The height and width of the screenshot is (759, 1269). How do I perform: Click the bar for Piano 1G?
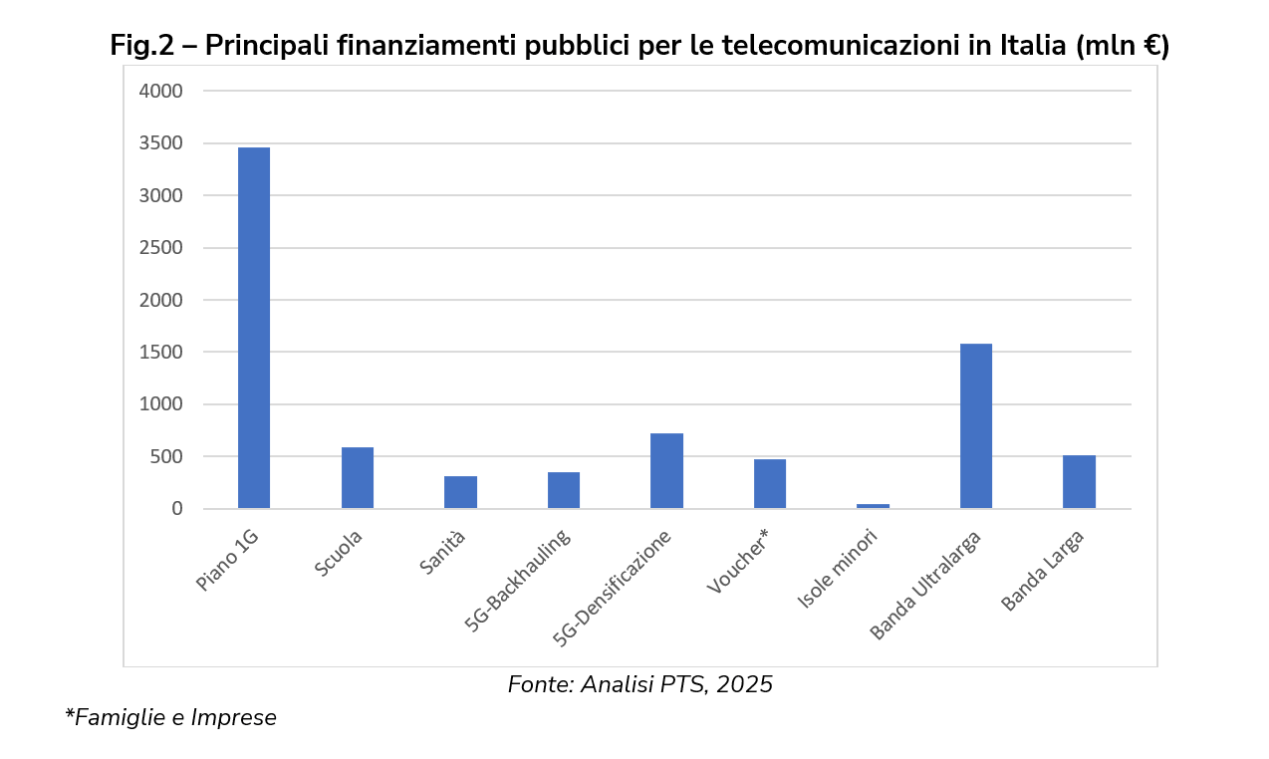pyautogui.click(x=254, y=328)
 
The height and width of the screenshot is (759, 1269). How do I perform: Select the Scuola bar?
pyautogui.click(x=358, y=478)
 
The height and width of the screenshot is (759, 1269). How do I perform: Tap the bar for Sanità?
pyautogui.click(x=460, y=492)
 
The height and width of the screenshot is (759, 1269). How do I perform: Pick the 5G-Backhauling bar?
pyautogui.click(x=564, y=490)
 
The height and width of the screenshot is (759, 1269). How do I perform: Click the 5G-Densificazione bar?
pyautogui.click(x=666, y=471)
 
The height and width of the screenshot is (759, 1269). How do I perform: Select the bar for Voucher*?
pyautogui.click(x=770, y=484)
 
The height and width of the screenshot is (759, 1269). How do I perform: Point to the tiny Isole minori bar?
pyautogui.click(x=874, y=506)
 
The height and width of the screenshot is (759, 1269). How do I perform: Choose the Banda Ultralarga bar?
pyautogui.click(x=976, y=426)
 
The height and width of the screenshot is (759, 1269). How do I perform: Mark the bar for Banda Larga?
pyautogui.click(x=1079, y=482)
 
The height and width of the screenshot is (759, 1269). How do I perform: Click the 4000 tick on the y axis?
pyautogui.click(x=162, y=92)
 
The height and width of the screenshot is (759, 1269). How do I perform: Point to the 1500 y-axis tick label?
pyautogui.click(x=162, y=353)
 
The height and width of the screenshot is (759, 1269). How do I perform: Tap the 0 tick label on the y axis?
pyautogui.click(x=176, y=509)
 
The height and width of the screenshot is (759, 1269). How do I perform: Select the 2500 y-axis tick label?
pyautogui.click(x=162, y=248)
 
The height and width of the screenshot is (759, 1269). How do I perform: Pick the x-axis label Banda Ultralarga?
pyautogui.click(x=926, y=586)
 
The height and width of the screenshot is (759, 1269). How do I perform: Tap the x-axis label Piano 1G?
pyautogui.click(x=228, y=561)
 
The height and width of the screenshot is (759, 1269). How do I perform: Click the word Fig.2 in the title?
pyautogui.click(x=141, y=46)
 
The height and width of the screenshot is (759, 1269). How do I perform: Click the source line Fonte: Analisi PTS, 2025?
pyautogui.click(x=639, y=685)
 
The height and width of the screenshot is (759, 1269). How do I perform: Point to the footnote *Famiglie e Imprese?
pyautogui.click(x=170, y=717)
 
